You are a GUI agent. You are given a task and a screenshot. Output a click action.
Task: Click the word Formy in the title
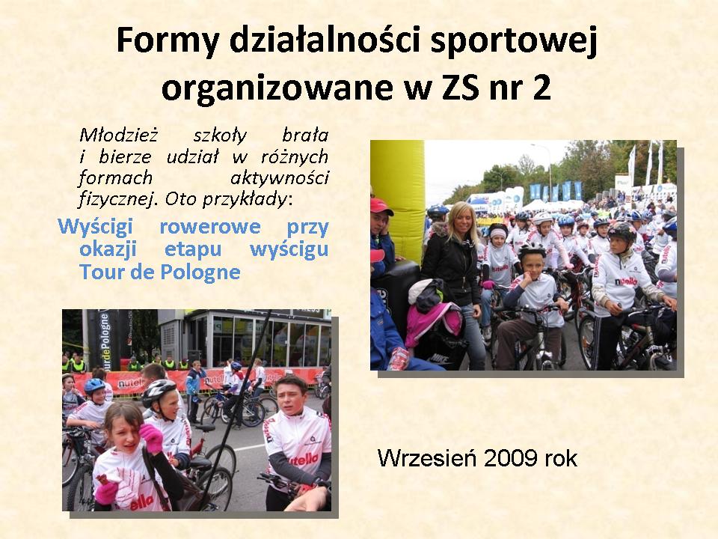[168, 40]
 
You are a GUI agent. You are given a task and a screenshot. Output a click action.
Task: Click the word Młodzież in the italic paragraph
[119, 135]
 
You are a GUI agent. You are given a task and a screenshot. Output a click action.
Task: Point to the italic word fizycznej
[116, 199]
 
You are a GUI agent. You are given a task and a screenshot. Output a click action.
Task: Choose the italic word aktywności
[279, 178]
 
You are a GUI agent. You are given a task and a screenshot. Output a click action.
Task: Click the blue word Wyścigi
[95, 226]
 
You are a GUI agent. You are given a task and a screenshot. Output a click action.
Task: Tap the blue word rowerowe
[210, 226]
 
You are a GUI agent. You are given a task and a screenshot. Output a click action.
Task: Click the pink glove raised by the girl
[151, 437]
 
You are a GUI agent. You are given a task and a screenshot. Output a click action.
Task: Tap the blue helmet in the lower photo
[94, 386]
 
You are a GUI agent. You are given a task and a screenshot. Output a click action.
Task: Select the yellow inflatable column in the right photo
[397, 201]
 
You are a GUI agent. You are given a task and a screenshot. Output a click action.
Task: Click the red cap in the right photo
[381, 207]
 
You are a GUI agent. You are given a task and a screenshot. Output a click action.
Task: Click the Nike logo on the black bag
[440, 359]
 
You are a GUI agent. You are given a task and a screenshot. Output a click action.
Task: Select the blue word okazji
[108, 249]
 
